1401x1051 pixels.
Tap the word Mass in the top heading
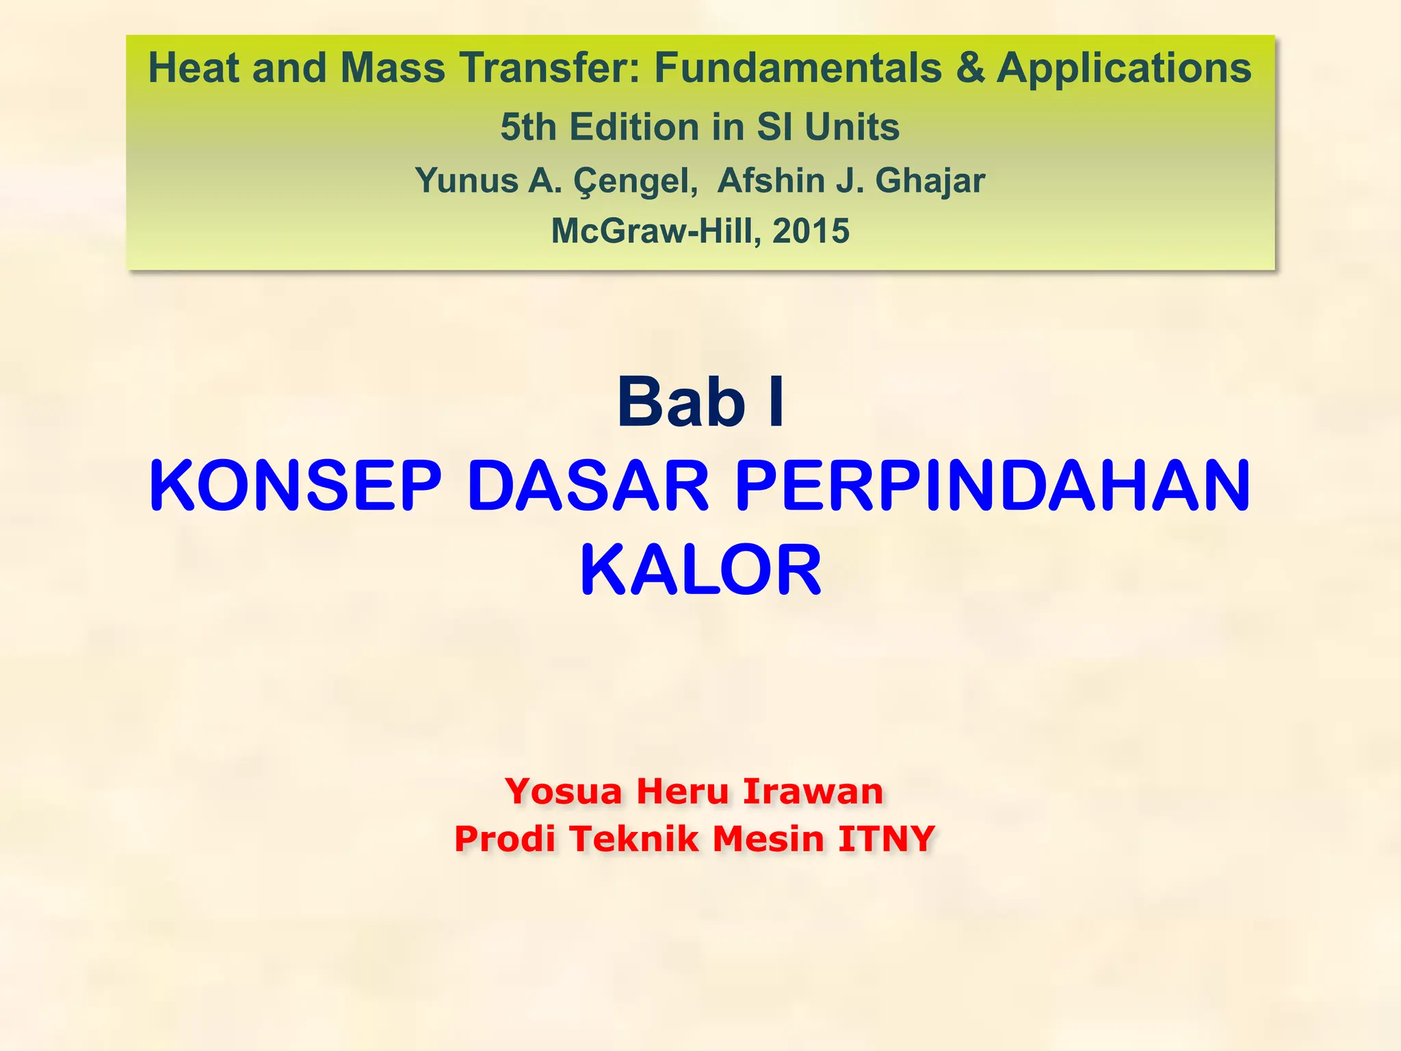tap(393, 68)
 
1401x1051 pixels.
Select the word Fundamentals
tap(798, 68)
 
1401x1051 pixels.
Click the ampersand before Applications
tap(970, 68)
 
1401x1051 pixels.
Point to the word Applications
tap(1124, 70)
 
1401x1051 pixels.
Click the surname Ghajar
tap(930, 181)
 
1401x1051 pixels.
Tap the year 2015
tap(811, 231)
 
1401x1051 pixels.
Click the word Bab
tap(681, 402)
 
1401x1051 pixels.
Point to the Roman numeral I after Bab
tap(776, 402)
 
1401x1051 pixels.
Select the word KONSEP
tap(296, 486)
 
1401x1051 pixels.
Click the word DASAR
tap(588, 486)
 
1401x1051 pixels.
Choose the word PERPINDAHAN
tap(993, 486)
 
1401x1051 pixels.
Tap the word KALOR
tap(700, 571)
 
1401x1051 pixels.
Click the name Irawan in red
tap(813, 792)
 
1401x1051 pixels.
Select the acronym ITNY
tap(886, 839)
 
